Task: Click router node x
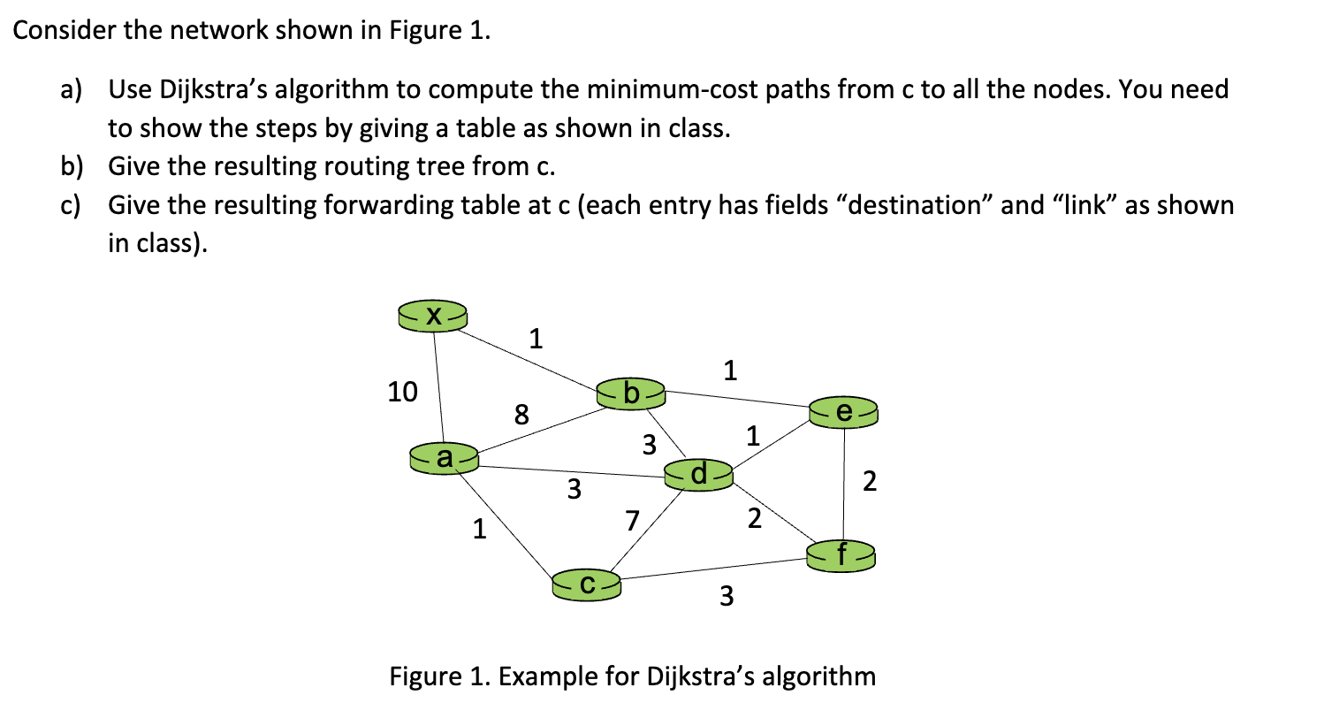433,316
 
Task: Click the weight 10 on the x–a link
403,391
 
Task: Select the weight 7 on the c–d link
631,521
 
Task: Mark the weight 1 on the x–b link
535,338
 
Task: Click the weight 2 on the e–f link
871,482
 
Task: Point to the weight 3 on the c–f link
726,598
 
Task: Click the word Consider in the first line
58,32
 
